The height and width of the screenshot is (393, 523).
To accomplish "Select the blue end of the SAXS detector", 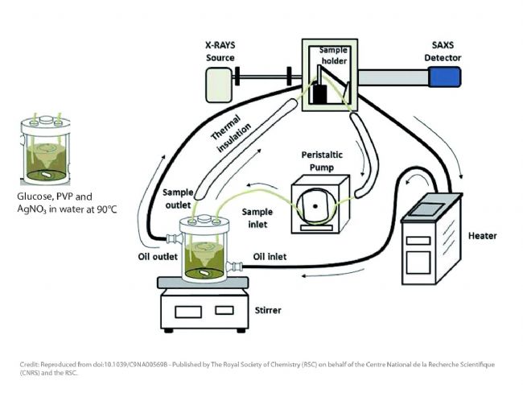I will click(444, 77).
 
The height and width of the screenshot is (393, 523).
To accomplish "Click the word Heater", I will click(482, 236).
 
